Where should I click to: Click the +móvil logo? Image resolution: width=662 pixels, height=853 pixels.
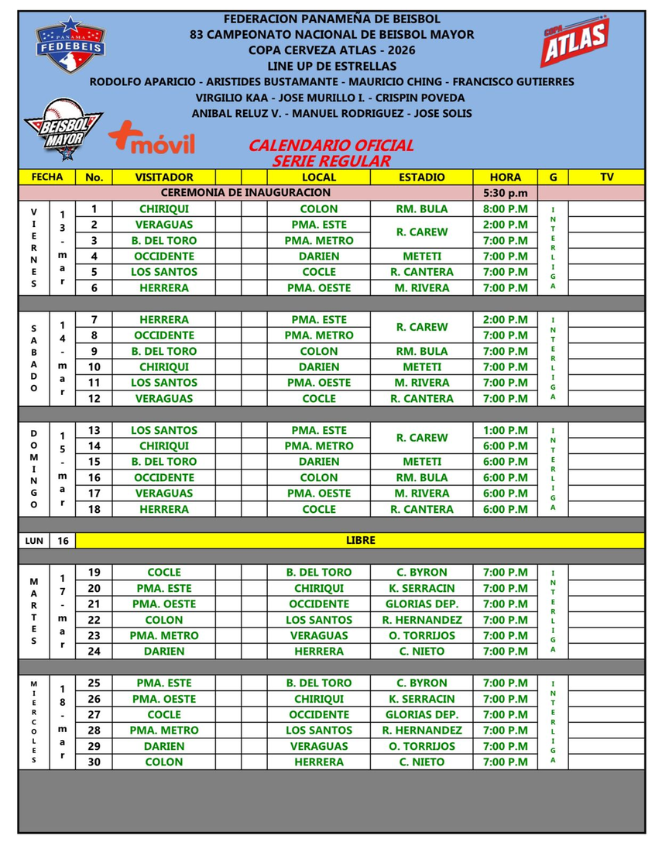pos(152,140)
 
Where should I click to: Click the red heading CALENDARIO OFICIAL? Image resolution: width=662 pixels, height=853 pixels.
pos(331,145)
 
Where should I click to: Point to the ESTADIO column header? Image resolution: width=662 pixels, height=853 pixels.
pos(422,177)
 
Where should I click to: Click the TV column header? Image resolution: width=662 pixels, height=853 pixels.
pos(606,177)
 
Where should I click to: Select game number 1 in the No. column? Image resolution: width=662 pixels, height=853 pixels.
pos(94,208)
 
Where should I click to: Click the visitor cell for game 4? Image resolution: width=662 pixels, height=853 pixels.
pos(164,256)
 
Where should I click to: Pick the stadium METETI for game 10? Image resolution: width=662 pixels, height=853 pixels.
pos(422,366)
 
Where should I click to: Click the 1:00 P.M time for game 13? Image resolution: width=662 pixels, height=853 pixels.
pos(505,430)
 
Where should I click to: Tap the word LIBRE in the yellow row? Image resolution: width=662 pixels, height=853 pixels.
pos(360,540)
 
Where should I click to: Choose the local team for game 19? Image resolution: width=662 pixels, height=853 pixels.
pos(318,572)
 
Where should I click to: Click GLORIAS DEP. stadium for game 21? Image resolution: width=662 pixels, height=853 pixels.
pos(422,604)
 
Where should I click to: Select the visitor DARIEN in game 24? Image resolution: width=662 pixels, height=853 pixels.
pos(164,651)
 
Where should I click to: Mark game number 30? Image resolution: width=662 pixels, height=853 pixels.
pos(94,762)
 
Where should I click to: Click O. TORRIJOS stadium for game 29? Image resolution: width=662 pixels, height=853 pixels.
pos(422,746)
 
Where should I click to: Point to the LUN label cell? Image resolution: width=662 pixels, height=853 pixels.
pos(33,540)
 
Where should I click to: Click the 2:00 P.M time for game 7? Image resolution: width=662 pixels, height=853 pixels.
pos(505,319)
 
